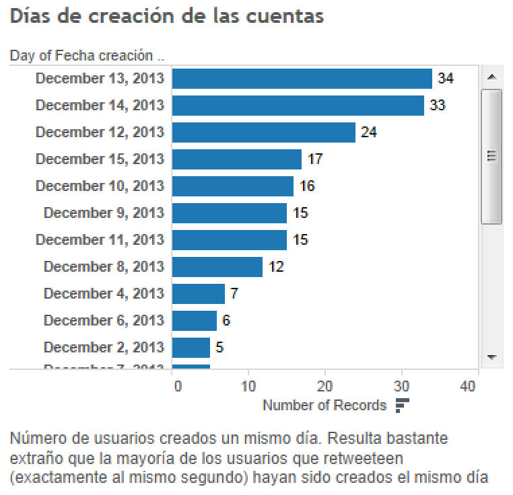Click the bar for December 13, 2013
[x=302, y=79]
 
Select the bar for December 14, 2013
[x=298, y=106]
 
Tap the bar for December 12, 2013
[x=263, y=132]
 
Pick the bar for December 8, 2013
[x=217, y=267]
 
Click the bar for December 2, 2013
[x=191, y=348]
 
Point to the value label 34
[x=445, y=79]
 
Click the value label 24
[x=368, y=132]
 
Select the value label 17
[x=314, y=159]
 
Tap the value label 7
[x=234, y=294]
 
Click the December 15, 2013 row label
[x=100, y=159]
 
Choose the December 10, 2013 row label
[x=100, y=186]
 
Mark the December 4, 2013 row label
[x=104, y=294]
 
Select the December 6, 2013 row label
[x=104, y=321]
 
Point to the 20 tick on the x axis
[x=324, y=386]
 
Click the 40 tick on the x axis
[x=469, y=386]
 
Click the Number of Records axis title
[x=324, y=406]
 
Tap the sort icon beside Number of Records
[x=402, y=406]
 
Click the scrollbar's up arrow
[x=491, y=77]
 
